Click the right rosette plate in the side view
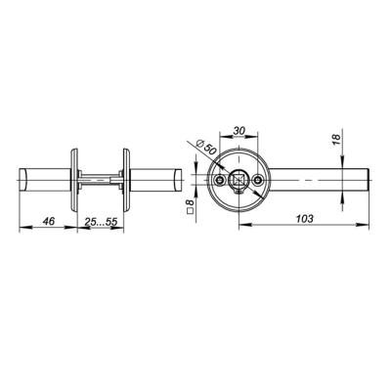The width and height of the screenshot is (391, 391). pyautogui.click(x=125, y=181)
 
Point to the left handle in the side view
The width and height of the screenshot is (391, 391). pyautogui.click(x=45, y=182)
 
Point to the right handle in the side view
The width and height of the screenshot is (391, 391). pyautogui.click(x=153, y=182)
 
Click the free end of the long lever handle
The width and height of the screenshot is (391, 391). pyautogui.click(x=365, y=181)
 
